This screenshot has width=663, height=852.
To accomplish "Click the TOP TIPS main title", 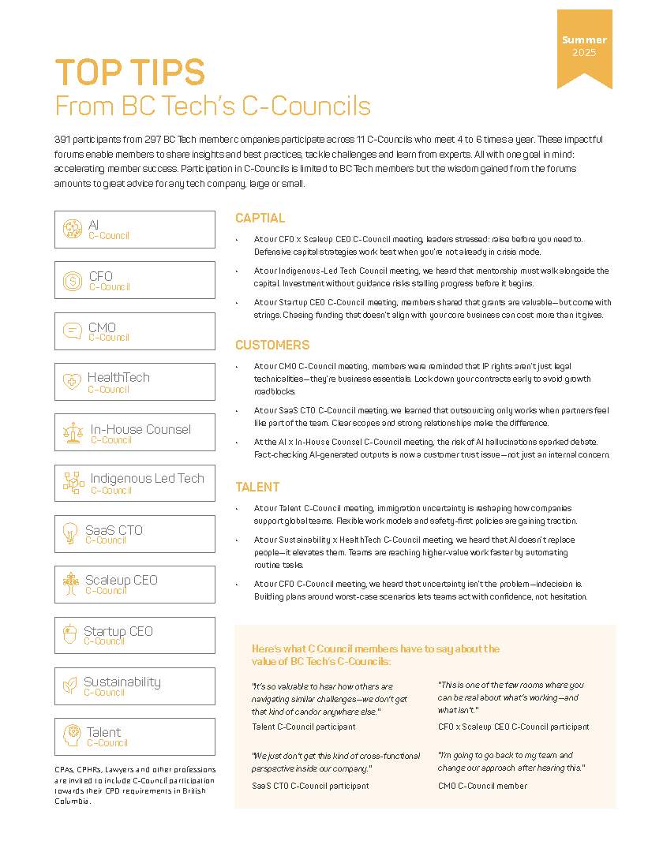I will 129,73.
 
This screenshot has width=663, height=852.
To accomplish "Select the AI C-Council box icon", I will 73,229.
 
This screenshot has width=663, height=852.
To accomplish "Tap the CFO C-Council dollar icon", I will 73,280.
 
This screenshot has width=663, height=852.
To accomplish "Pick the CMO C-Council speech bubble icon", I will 73,331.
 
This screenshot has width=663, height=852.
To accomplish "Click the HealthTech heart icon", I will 73,383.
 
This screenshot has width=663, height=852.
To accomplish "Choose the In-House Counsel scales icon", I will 73,433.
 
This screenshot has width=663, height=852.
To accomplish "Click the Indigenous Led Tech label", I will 147,479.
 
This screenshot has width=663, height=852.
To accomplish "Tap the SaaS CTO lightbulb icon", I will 70,534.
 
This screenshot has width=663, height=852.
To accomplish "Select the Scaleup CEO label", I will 122,580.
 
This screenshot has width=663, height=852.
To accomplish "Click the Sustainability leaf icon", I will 70,686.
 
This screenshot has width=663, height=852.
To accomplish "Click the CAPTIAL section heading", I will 260,219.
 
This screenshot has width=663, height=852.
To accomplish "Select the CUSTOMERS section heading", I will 272,346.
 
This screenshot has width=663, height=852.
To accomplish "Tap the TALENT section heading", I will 257,488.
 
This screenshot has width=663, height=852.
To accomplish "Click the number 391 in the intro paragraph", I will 65,139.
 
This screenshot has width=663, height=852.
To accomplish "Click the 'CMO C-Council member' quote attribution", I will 482,785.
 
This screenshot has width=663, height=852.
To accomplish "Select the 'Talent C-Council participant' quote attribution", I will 303,727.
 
